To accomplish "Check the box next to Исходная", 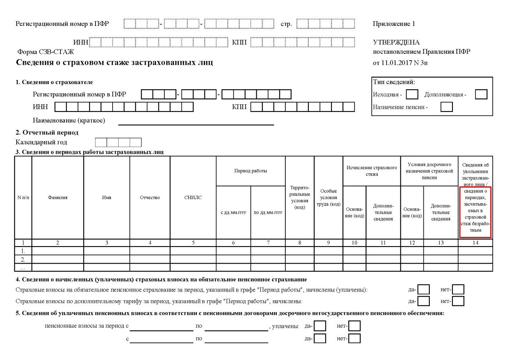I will tap(412, 94).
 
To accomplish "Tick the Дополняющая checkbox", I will tap(481, 94).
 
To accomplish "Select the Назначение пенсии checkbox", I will tap(447, 107).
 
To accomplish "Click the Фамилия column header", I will tap(58, 198).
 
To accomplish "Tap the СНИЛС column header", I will tap(193, 198).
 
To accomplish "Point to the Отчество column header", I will tap(150, 198).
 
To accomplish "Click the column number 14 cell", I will tap(475, 243).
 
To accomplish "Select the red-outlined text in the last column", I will tap(476, 212).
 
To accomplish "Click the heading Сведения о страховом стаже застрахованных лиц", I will tap(114, 63).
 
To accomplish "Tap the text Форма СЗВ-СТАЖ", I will tap(45, 52).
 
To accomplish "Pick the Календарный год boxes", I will tap(118, 143).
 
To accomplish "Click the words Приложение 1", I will tap(394, 24).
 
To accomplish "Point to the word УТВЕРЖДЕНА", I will tap(396, 42).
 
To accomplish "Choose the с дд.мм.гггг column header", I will tap(233, 212).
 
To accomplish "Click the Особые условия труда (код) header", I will tap(328, 198).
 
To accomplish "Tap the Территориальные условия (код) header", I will tap(299, 198).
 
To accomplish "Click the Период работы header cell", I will tap(250, 171).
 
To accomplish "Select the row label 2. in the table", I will tap(23, 259).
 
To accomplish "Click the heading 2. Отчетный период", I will tap(47, 133).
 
